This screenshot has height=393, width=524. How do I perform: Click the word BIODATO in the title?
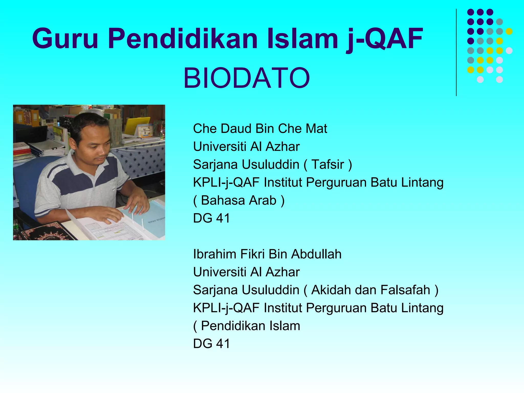pyautogui.click(x=247, y=78)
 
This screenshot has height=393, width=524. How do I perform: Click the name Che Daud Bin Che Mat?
pyautogui.click(x=260, y=128)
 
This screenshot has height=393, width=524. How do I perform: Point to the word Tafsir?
pyautogui.click(x=328, y=164)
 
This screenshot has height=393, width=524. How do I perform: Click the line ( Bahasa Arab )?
pyautogui.click(x=239, y=200)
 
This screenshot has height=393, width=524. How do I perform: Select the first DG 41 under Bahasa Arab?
pyautogui.click(x=211, y=218)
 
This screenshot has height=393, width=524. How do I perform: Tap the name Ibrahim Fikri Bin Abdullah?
pyautogui.click(x=267, y=254)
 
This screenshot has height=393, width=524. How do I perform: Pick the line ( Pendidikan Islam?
pyautogui.click(x=246, y=326)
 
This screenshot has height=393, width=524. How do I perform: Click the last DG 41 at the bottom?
pyautogui.click(x=211, y=344)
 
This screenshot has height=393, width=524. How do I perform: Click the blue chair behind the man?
pyautogui.click(x=28, y=184)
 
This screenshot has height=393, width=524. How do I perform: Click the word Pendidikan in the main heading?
pyautogui.click(x=183, y=38)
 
